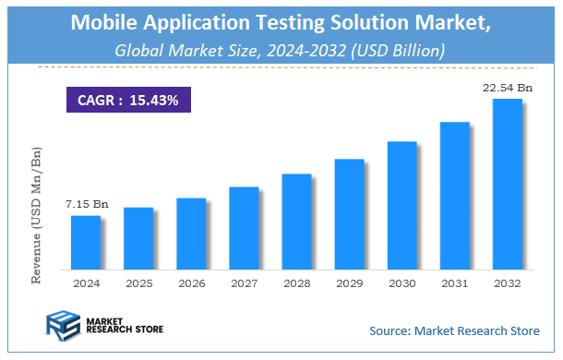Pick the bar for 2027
244,228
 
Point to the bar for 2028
296,222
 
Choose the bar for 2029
349,214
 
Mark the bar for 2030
401,205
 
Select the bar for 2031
454,195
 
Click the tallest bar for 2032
507,184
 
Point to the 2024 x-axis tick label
86,282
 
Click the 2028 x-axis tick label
296,282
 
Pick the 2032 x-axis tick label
507,282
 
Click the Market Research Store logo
91,325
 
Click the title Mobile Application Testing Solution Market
281,22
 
